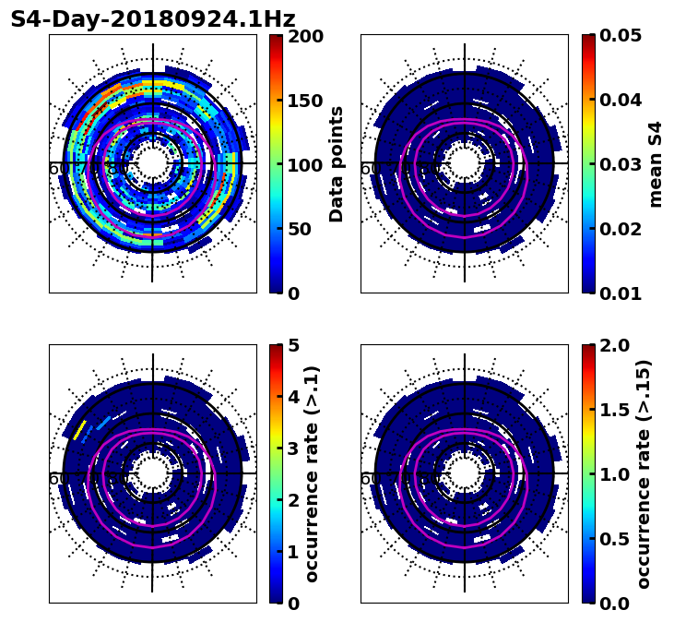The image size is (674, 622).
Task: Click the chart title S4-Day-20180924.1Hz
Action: tap(153, 19)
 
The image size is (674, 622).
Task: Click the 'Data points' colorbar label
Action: tap(337, 164)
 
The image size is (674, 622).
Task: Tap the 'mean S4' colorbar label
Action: tap(656, 164)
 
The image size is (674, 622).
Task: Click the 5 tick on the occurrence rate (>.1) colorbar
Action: tap(294, 346)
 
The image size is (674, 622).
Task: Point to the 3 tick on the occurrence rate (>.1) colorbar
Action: tap(294, 449)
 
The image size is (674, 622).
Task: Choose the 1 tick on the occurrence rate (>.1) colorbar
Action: tap(294, 552)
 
